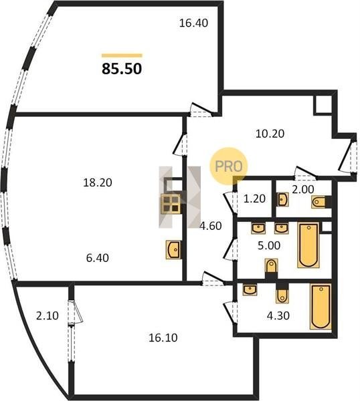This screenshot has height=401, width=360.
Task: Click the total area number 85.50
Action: click(122, 69)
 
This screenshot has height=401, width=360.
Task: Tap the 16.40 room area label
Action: click(193, 23)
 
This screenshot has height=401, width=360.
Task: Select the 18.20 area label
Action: click(98, 182)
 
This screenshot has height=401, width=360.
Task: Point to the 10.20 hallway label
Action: click(270, 134)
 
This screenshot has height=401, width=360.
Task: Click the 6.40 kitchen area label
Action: click(97, 258)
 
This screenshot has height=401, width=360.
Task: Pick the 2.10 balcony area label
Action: click(48, 315)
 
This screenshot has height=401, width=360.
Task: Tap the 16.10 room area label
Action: click(163, 338)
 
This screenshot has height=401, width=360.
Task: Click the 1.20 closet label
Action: click(254, 198)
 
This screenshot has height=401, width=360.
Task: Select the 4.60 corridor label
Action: click(211, 226)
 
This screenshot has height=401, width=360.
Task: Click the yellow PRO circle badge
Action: click(229, 166)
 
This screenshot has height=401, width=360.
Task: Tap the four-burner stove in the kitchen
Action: click(170, 204)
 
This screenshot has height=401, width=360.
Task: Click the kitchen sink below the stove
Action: click(174, 249)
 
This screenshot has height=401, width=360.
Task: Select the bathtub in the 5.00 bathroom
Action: click(308, 245)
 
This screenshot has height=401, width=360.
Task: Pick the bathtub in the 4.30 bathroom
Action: click(321, 306)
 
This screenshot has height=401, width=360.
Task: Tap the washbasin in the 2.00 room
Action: click(283, 199)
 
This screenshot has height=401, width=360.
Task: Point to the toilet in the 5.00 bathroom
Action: click(272, 266)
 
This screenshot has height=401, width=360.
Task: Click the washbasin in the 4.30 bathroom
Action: click(250, 290)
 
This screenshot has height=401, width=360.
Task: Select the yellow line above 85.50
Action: click(122, 55)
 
